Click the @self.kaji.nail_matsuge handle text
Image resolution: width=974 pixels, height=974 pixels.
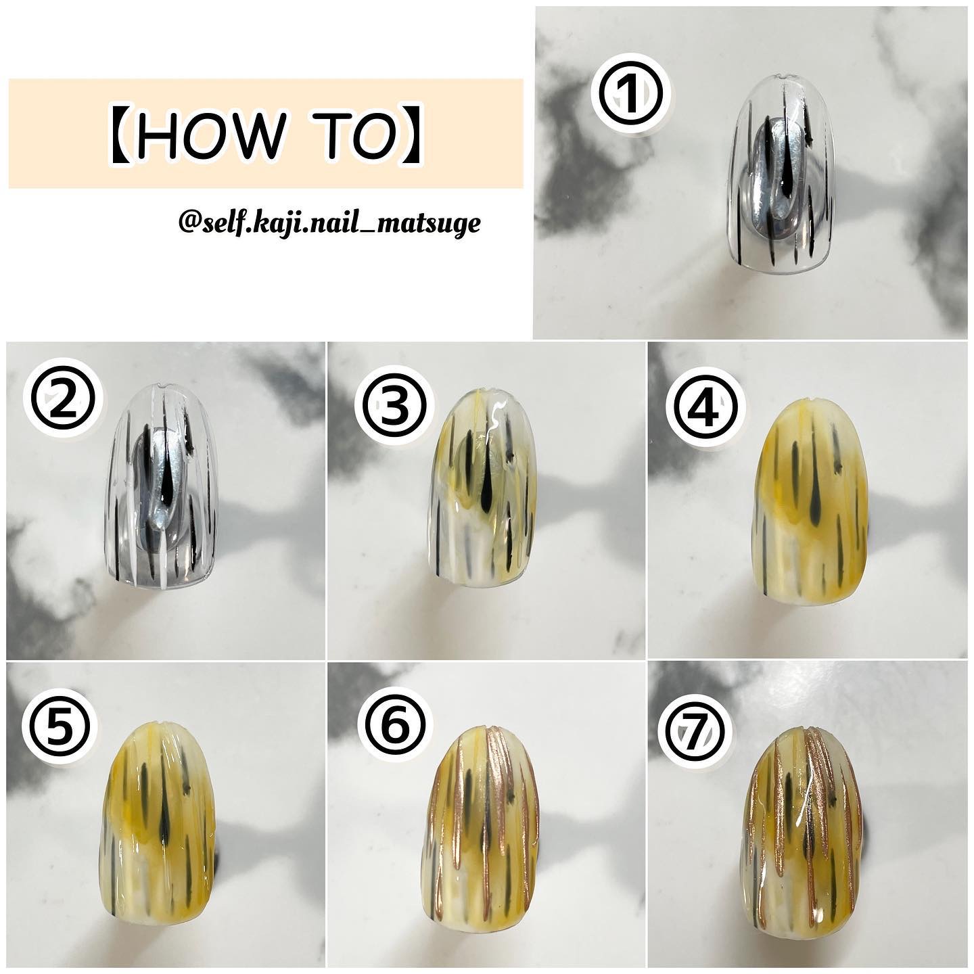[x=329, y=223]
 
